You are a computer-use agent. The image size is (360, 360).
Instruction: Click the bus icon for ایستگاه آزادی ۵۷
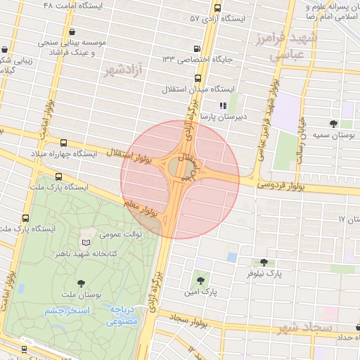(217, 9)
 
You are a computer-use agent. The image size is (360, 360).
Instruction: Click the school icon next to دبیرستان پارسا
(222, 106)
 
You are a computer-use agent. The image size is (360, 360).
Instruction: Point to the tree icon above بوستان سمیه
(333, 124)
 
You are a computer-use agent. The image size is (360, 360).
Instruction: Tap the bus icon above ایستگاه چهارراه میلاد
(64, 143)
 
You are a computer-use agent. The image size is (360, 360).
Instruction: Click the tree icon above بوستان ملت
(82, 283)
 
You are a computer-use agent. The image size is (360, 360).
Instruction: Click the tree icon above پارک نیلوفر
(264, 262)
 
